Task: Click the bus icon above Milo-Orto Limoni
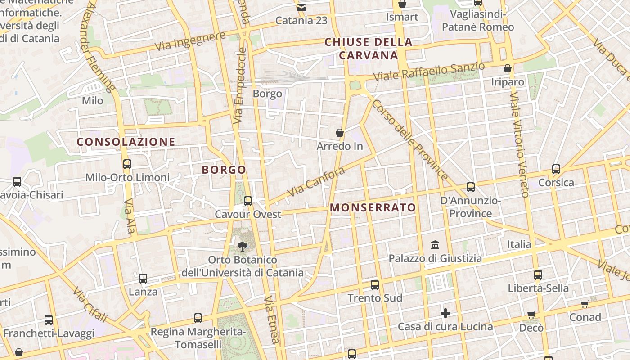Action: point(127,164)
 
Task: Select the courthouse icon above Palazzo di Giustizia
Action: point(435,245)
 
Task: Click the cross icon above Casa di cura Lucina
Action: point(445,313)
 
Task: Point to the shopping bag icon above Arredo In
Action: point(340,133)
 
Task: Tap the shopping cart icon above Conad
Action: point(585,304)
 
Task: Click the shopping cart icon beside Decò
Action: point(531,315)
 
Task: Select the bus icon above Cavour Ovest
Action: point(247,201)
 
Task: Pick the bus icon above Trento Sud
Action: point(375,284)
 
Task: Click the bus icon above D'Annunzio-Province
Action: point(471,187)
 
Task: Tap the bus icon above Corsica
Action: point(556,169)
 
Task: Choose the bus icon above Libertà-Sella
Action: point(538,274)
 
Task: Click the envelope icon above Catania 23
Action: point(301,7)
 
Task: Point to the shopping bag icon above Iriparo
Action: point(508,68)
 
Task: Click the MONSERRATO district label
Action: point(373,207)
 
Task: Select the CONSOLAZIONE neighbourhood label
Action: point(126,142)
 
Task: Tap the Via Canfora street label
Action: point(316,182)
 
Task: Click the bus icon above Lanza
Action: point(143,278)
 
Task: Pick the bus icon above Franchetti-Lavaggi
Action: point(49,320)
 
